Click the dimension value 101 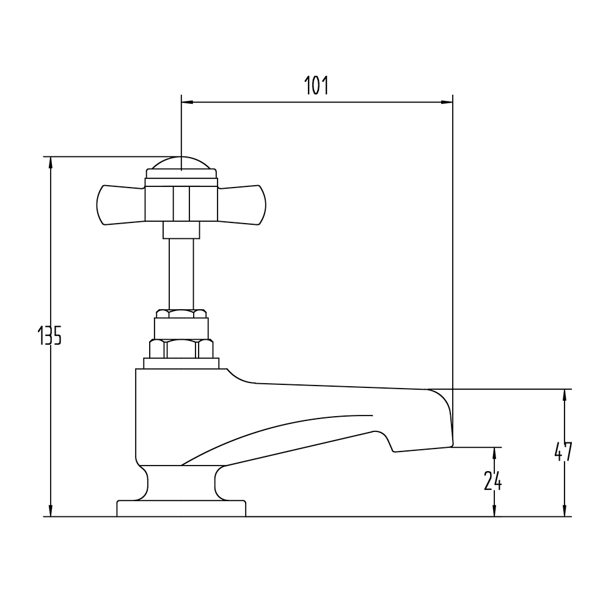click(x=316, y=86)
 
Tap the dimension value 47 click(x=563, y=452)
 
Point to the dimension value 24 click(x=493, y=481)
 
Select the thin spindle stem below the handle click(x=181, y=272)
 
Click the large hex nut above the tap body click(x=181, y=349)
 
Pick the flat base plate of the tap click(x=181, y=508)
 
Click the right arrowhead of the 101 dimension click(x=448, y=103)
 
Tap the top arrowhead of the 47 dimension click(x=564, y=395)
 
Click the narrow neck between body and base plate click(x=181, y=483)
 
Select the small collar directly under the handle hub click(x=181, y=230)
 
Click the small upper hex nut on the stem click(x=181, y=314)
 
